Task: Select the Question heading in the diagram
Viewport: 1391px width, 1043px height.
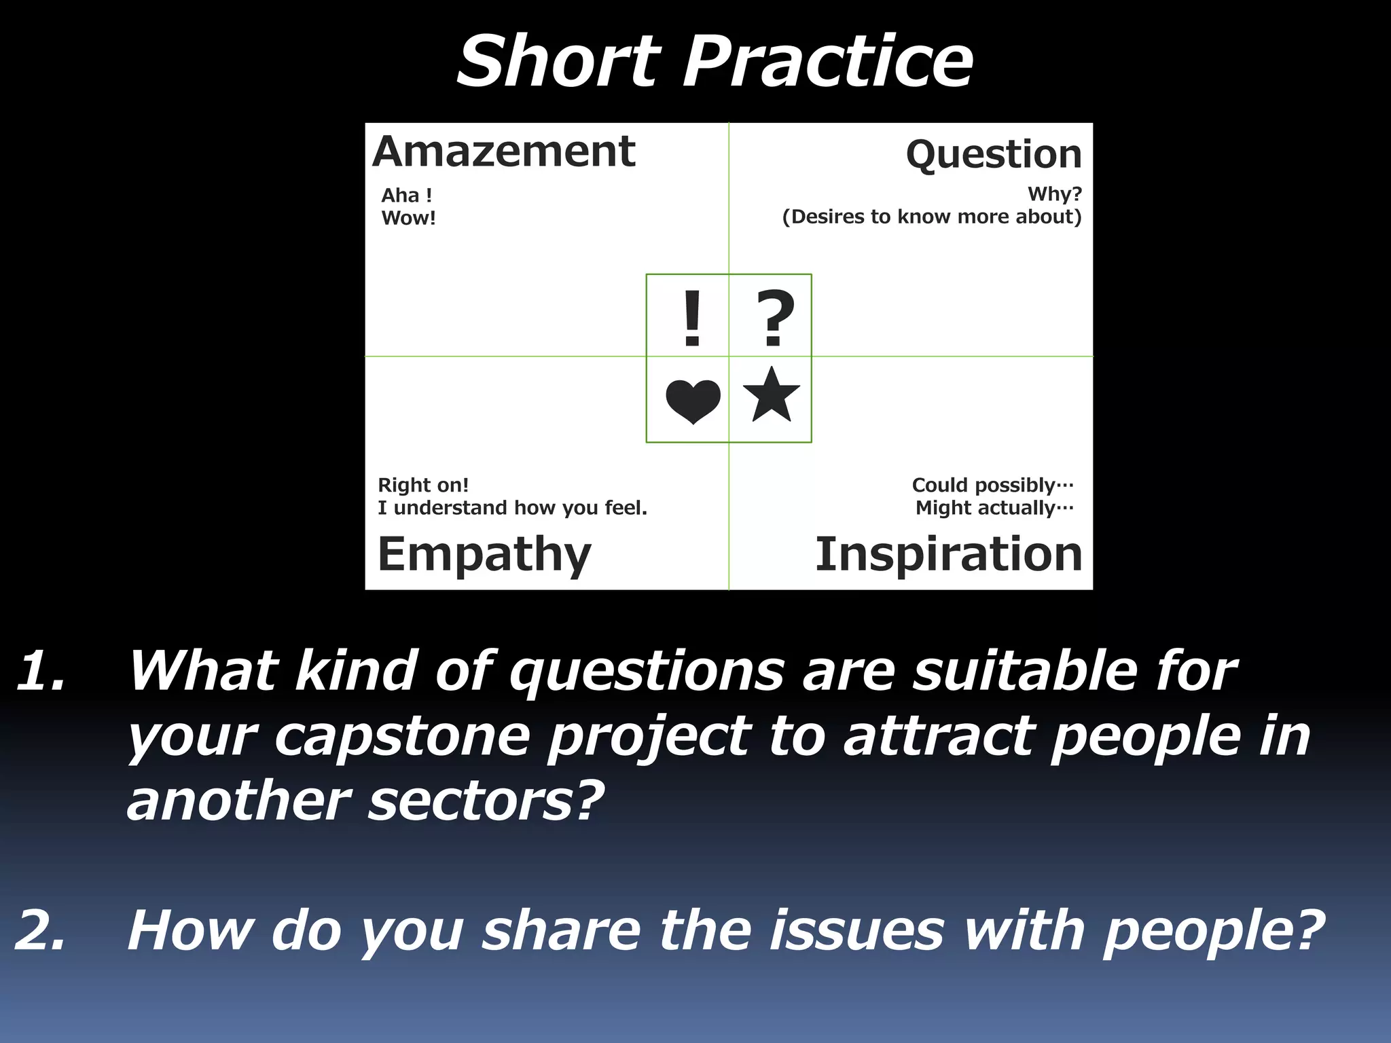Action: [x=994, y=155]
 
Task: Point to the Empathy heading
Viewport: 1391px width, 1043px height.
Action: [x=484, y=555]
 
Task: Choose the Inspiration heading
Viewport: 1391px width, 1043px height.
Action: [x=948, y=554]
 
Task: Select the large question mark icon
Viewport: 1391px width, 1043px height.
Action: [x=775, y=318]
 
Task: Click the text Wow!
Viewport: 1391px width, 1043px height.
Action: [x=408, y=218]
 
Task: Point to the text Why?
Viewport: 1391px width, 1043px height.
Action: [x=1054, y=194]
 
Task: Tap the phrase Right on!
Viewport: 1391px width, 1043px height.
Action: [x=423, y=485]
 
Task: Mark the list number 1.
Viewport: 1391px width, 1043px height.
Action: [x=41, y=671]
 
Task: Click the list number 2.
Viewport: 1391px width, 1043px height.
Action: [x=41, y=930]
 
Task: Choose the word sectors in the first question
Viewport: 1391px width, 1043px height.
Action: [x=486, y=801]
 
